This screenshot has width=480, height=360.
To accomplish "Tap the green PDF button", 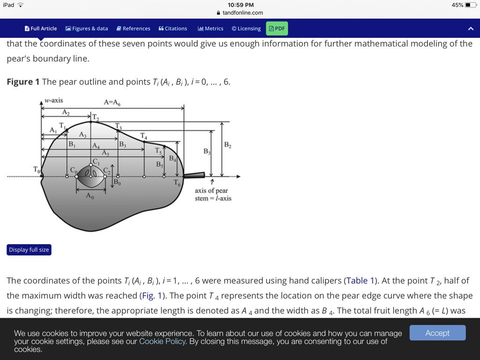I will tap(277, 29).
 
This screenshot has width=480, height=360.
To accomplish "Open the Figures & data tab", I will tap(87, 29).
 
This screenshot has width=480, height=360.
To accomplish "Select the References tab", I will tap(134, 29).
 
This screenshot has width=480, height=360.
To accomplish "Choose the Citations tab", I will tap(173, 29).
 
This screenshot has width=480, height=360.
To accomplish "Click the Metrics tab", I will tap(210, 29).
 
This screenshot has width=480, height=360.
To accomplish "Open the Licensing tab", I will tap(246, 29).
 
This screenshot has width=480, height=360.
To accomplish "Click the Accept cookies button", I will tap(437, 333).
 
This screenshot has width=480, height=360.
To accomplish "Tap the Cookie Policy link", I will tap(163, 341).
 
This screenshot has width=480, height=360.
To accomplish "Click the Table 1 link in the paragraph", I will tap(360, 281).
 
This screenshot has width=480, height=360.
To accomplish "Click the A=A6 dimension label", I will tap(112, 103).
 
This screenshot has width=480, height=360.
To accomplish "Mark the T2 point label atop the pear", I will tap(96, 118).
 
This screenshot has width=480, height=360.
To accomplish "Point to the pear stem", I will tap(194, 175).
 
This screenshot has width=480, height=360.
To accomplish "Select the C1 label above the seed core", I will tap(96, 162).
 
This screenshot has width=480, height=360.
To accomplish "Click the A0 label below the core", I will tap(90, 196).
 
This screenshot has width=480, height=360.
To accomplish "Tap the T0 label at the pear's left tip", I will tap(37, 169).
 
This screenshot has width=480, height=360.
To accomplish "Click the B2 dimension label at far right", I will tap(227, 145).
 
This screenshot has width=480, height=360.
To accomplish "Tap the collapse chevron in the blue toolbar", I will tap(471, 29).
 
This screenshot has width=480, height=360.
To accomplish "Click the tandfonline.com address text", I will tap(243, 13).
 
